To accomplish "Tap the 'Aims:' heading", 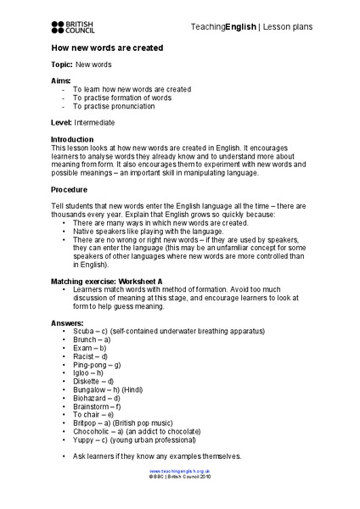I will (x=61, y=79).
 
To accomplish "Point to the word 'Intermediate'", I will (x=94, y=122).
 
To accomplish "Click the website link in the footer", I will (x=179, y=471).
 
